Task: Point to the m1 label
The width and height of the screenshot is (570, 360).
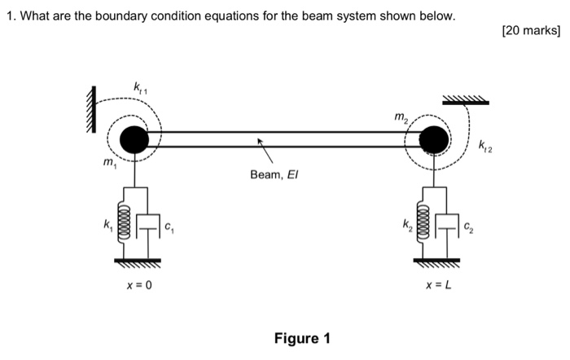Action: click(107, 165)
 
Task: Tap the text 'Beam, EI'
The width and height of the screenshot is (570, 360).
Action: click(272, 174)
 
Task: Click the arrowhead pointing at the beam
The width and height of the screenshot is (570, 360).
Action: click(261, 142)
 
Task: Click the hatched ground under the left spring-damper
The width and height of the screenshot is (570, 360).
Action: click(136, 262)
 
